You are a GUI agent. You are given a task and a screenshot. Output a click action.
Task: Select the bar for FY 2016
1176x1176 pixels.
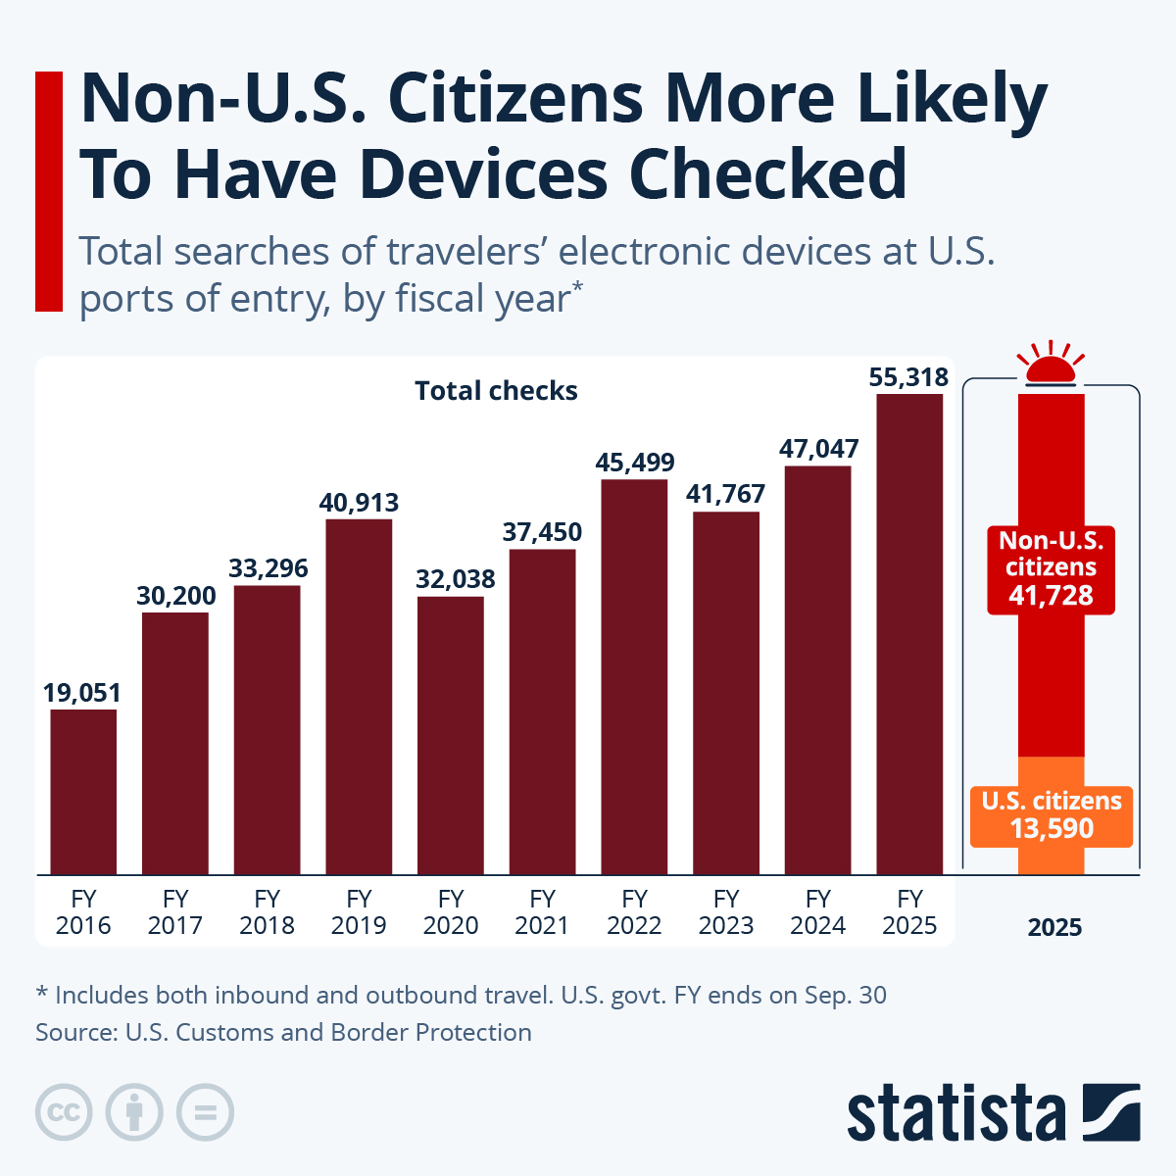[x=83, y=791]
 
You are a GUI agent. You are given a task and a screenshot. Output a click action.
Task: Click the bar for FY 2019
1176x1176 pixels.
[x=359, y=696]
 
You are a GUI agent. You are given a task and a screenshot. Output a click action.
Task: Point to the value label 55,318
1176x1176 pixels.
[x=909, y=377]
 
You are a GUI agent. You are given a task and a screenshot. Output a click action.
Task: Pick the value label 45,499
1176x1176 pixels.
[x=635, y=463]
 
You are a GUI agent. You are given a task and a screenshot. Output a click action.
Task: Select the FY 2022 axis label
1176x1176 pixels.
[x=634, y=912]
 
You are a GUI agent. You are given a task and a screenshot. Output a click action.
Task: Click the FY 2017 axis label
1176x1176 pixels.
[x=175, y=912]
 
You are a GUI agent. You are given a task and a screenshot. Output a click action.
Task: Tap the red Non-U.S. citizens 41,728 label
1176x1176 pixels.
[x=1051, y=568]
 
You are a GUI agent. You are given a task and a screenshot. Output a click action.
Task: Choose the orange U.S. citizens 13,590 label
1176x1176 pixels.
[x=1051, y=815]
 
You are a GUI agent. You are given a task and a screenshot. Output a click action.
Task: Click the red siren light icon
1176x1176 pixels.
[x=1051, y=364]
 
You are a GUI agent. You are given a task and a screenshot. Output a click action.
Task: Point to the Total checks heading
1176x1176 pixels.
[x=496, y=391]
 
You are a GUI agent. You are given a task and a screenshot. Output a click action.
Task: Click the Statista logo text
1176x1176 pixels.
[x=955, y=1113]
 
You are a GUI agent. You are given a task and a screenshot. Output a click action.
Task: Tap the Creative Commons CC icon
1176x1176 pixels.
[x=64, y=1113]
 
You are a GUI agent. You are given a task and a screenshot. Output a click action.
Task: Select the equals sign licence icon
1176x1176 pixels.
[x=205, y=1113]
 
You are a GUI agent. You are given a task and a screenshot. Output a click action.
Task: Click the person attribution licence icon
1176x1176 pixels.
[x=134, y=1113]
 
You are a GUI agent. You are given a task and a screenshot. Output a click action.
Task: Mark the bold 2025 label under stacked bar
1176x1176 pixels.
[x=1054, y=928]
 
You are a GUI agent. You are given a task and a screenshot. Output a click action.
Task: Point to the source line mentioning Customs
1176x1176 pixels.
[x=283, y=1032]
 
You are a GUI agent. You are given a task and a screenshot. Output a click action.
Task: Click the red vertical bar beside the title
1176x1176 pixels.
[x=48, y=191]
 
